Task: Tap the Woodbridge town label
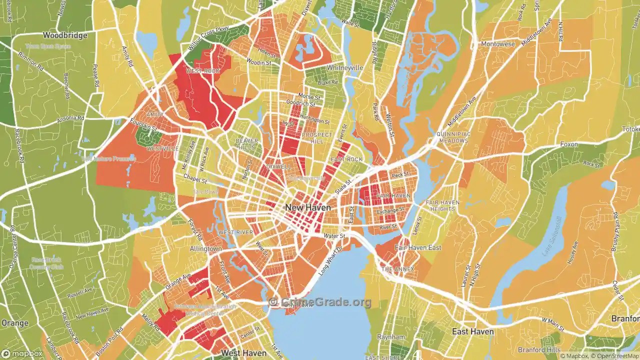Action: [65, 35]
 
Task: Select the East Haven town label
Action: [472, 331]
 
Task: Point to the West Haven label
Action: [243, 353]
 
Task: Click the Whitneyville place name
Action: [344, 67]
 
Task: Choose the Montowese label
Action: [498, 44]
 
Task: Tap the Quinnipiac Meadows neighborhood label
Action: [452, 137]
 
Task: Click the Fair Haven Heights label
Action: [440, 205]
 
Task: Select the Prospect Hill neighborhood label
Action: [317, 138]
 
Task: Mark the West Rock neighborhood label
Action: [202, 71]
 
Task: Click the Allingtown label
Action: [205, 248]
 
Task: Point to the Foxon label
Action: [568, 144]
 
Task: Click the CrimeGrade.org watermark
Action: [320, 302]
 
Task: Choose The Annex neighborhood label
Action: [397, 269]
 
